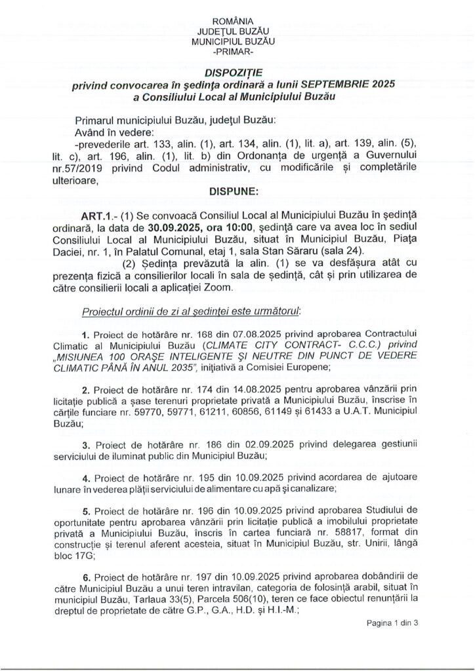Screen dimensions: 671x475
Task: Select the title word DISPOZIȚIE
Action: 237,74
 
